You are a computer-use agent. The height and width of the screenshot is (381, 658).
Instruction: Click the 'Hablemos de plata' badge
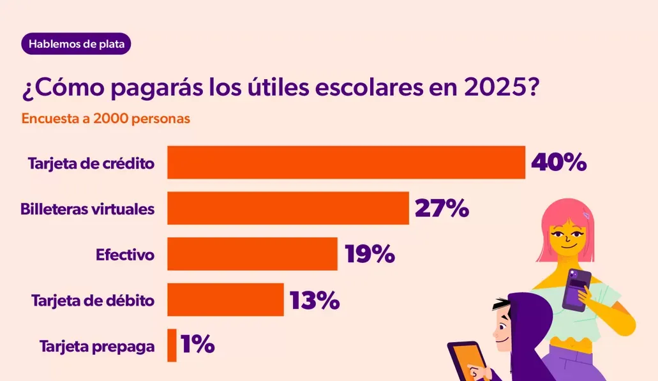[76, 45]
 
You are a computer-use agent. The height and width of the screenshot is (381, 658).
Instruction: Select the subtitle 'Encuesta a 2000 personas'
[106, 119]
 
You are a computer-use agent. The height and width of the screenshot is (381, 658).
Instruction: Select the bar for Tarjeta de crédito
[346, 163]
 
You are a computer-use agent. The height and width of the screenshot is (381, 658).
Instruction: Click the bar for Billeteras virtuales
[288, 208]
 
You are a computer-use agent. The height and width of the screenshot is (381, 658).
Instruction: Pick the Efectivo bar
[252, 254]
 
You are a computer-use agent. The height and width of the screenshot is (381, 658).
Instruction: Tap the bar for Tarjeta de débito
[225, 299]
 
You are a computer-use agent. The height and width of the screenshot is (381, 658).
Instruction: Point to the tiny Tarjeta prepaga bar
[172, 345]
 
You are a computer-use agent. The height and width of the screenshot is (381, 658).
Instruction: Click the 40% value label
[558, 163]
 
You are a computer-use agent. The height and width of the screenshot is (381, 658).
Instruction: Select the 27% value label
[442, 208]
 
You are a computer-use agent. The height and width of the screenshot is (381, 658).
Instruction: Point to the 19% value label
[370, 254]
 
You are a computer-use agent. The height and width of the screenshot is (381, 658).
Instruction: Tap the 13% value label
[314, 300]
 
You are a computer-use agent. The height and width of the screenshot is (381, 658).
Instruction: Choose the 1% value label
[197, 345]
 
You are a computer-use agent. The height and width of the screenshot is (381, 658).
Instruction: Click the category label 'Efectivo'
[125, 255]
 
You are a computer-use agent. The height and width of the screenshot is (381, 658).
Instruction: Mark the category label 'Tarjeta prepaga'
[97, 347]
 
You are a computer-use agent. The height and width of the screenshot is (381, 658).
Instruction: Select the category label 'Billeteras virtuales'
[87, 209]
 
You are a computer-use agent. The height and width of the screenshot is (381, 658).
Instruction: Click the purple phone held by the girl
[576, 290]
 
